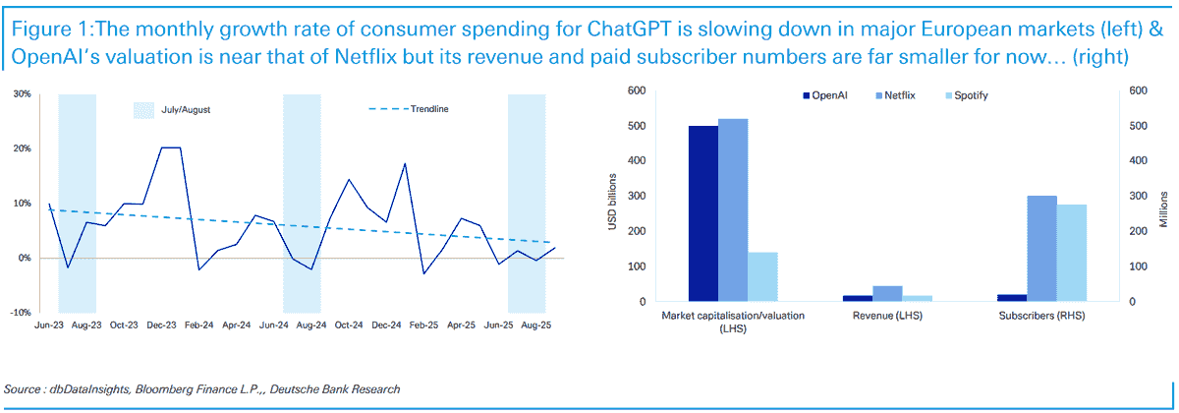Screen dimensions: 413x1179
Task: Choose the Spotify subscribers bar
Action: [1072, 253]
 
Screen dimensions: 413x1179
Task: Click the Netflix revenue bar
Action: [887, 293]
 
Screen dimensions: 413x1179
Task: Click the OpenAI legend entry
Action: [830, 95]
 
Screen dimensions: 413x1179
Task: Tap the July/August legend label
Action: [186, 109]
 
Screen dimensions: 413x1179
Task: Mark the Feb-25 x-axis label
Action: [423, 324]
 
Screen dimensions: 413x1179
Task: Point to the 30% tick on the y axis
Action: [21, 94]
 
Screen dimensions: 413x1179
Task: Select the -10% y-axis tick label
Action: [20, 313]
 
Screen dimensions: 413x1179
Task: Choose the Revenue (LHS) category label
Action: [887, 316]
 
